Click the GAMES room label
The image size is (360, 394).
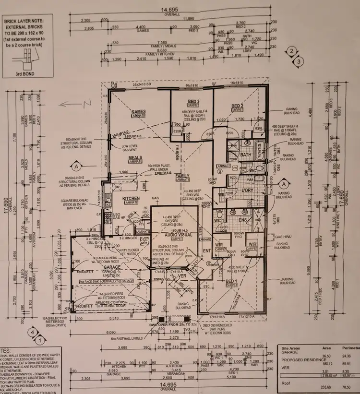click(x=139, y=112)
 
